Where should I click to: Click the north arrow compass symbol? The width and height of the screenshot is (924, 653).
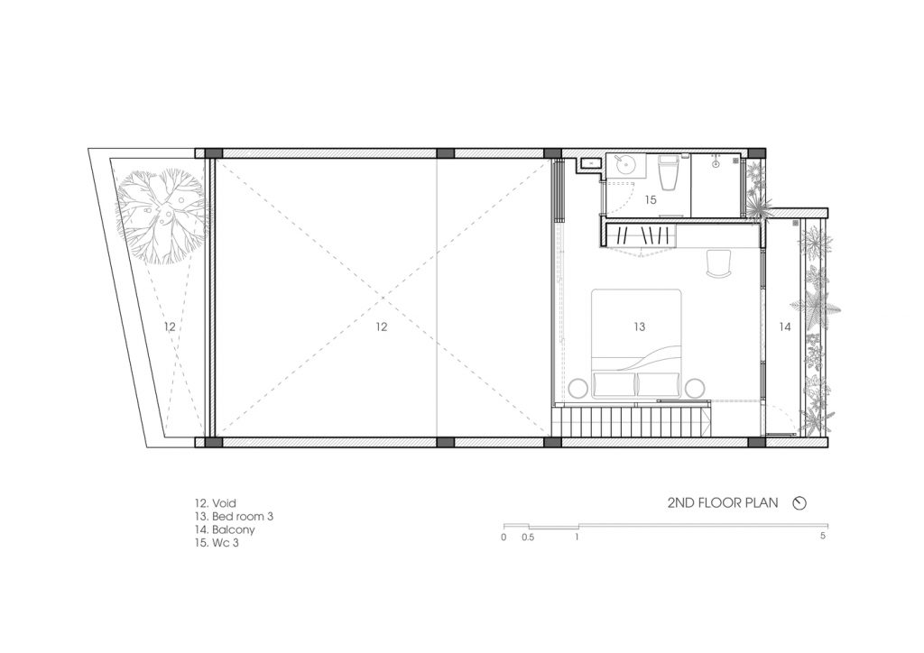(x=799, y=503)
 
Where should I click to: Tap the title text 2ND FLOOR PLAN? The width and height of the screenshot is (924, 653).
(x=723, y=503)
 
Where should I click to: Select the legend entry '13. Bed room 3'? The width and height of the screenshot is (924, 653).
(x=234, y=517)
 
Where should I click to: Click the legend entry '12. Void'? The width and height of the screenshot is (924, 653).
(x=215, y=503)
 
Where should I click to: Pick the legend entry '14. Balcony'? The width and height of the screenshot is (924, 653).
(x=225, y=530)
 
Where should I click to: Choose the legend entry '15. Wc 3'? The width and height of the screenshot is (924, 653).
(x=217, y=543)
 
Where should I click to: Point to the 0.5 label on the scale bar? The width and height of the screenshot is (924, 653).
(x=528, y=537)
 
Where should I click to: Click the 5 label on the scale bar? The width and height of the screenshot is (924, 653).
(x=823, y=537)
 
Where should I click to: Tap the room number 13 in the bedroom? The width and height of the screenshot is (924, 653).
(x=640, y=326)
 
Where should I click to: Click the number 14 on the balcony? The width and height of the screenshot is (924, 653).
(x=785, y=326)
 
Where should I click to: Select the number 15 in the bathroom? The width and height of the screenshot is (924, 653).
(x=650, y=199)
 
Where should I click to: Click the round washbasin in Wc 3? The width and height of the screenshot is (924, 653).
(x=623, y=165)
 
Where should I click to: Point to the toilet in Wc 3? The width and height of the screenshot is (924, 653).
(x=669, y=172)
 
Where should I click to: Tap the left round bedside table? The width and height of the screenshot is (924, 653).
(x=578, y=388)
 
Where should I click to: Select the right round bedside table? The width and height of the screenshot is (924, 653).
(x=695, y=388)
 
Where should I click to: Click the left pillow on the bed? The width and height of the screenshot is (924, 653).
(x=614, y=384)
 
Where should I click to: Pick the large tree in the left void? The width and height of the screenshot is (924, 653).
(x=162, y=216)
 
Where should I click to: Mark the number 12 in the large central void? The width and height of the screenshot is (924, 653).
(x=382, y=326)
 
